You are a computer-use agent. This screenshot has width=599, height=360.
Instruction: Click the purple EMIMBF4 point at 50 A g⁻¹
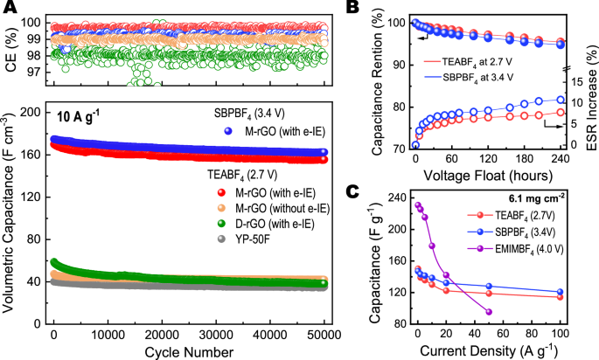pos(488,312)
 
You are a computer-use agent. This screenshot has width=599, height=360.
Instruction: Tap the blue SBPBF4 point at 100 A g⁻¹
pos(560,292)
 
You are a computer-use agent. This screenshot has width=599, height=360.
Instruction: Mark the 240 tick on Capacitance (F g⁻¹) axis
pos(400,197)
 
